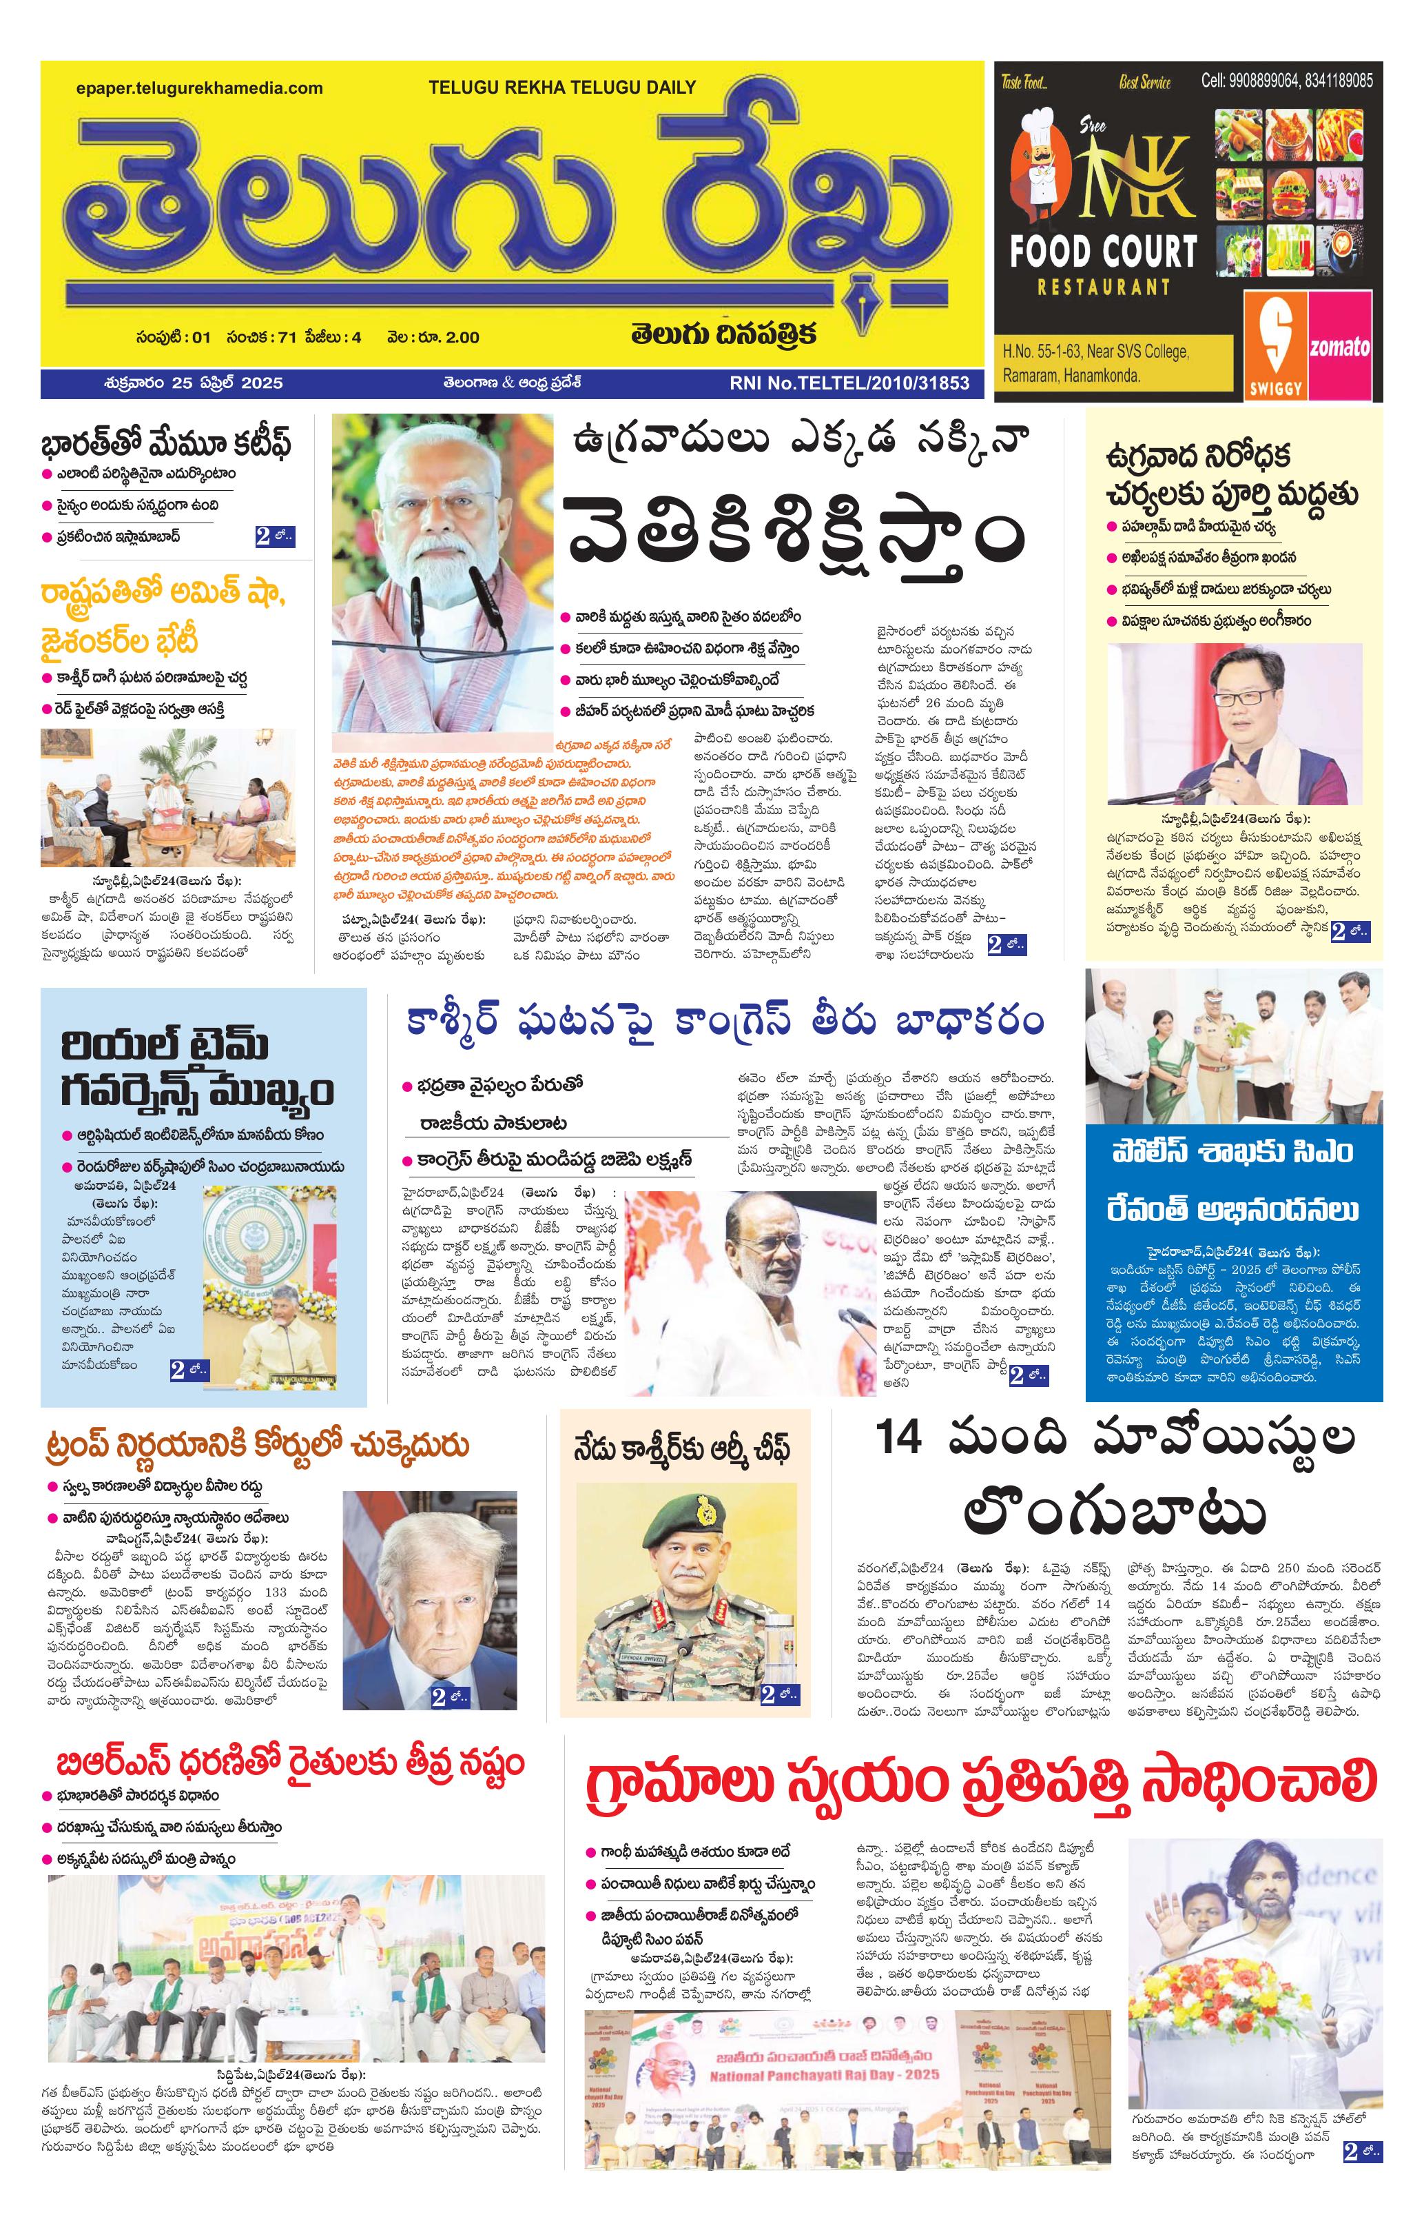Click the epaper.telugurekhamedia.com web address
coord(200,88)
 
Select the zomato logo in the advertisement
coord(1339,347)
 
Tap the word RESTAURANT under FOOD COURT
coord(1104,287)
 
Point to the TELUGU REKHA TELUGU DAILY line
coord(561,88)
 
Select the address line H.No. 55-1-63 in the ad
coord(1095,352)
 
